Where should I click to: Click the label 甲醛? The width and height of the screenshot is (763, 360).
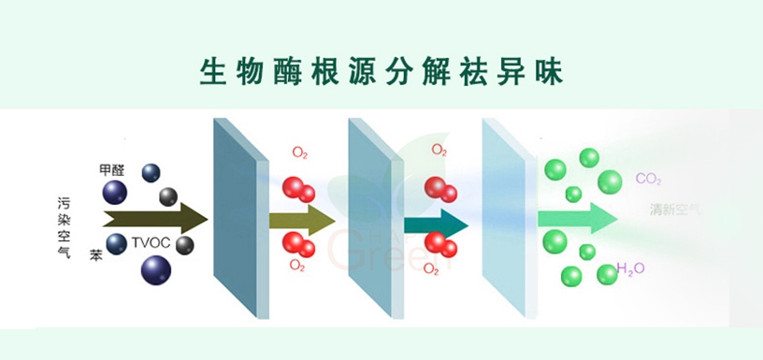(x=110, y=170)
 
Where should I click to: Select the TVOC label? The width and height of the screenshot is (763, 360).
(x=150, y=244)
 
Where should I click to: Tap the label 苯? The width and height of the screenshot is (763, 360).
(x=96, y=254)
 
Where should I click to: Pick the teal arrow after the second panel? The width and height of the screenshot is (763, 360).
(x=435, y=223)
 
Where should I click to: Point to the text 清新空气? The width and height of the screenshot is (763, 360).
(x=675, y=209)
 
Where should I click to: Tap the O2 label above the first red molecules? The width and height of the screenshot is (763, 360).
(x=300, y=152)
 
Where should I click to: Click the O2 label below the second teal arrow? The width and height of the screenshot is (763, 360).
(x=431, y=269)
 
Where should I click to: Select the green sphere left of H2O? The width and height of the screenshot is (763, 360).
(x=607, y=273)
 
